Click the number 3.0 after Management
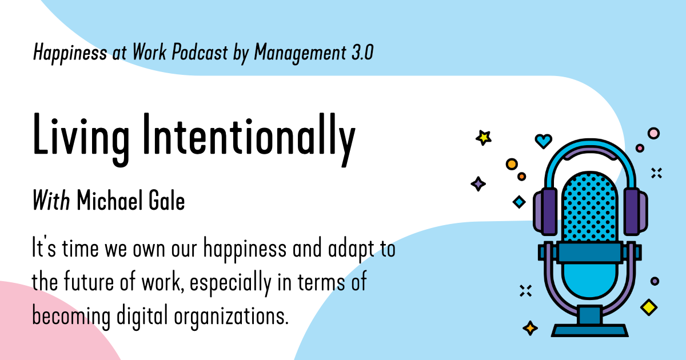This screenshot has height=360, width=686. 360,53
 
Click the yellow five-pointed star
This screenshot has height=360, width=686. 484,137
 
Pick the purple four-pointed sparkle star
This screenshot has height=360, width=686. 478,183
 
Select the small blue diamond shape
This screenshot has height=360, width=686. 519,202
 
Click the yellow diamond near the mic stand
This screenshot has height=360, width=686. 648,307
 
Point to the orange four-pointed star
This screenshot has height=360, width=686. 531,328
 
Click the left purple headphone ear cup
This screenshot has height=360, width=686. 545,211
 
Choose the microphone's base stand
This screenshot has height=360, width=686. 589,328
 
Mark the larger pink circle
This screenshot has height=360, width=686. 653,133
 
